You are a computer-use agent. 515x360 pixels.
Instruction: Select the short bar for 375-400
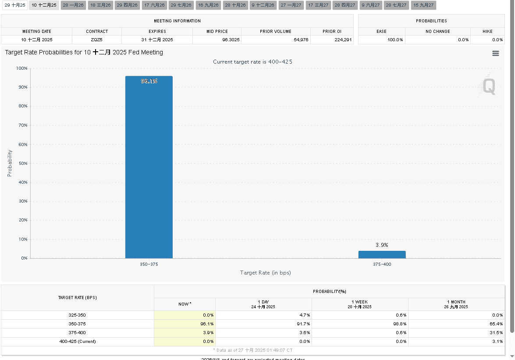[x=382, y=255]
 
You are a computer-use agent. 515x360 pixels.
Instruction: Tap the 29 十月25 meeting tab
[x=15, y=5]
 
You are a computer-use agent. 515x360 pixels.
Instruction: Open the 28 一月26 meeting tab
[x=73, y=5]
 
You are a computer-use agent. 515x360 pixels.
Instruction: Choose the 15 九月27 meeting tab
[x=423, y=5]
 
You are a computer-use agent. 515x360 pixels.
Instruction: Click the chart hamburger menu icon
[x=496, y=53]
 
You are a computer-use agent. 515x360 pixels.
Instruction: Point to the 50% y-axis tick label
[x=22, y=163]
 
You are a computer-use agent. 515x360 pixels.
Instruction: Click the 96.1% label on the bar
[x=149, y=81]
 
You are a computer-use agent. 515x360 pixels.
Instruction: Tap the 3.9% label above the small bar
[x=382, y=245]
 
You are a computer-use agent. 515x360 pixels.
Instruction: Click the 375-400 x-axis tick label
[x=382, y=264]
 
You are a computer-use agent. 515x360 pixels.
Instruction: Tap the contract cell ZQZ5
[x=97, y=40]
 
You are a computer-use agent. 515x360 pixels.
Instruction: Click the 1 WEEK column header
[x=360, y=304]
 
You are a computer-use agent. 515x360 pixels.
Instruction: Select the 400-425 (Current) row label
[x=78, y=341]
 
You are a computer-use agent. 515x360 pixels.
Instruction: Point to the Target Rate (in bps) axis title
[x=265, y=273]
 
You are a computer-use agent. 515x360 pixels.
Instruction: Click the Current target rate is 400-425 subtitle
[x=252, y=62]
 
